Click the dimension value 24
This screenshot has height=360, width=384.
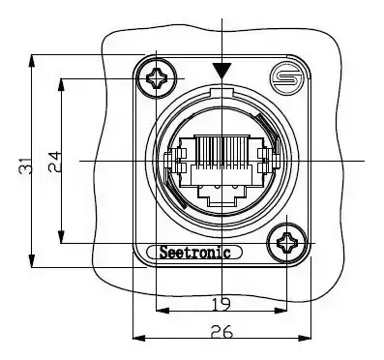tap(55, 162)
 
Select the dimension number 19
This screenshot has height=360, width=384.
tap(222, 304)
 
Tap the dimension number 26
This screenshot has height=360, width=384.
tap(222, 331)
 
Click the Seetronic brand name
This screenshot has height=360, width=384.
tap(194, 253)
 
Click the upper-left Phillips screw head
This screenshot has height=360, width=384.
tap(157, 78)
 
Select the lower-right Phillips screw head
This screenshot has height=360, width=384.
tap(286, 243)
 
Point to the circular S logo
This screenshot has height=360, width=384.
tap(286, 77)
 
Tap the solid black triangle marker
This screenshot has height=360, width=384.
tap(222, 71)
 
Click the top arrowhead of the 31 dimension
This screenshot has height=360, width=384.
tap(32, 61)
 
